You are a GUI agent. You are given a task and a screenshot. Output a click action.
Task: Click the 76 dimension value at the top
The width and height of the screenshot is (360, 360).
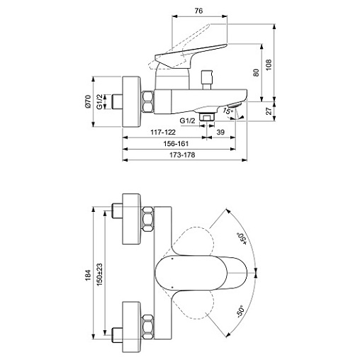click(x=198, y=11)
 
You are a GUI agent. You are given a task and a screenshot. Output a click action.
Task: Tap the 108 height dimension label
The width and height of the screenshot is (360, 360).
click(x=269, y=64)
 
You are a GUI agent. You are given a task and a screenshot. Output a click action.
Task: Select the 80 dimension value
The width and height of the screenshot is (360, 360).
click(x=256, y=73)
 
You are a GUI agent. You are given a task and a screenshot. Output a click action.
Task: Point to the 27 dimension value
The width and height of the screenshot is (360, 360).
click(x=269, y=111)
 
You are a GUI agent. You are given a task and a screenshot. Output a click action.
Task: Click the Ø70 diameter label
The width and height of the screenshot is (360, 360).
click(x=88, y=101)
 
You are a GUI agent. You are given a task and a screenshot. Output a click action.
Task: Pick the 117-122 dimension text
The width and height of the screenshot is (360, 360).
click(x=163, y=132)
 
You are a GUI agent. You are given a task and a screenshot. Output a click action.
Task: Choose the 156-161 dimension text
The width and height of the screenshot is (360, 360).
click(x=176, y=143)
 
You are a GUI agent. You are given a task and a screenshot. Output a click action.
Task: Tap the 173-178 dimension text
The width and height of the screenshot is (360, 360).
click(x=182, y=155)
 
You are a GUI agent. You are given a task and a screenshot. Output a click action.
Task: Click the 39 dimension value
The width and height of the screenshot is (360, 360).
click(x=220, y=132)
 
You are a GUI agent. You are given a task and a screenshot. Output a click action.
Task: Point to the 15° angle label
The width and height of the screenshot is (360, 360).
click(x=227, y=111)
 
